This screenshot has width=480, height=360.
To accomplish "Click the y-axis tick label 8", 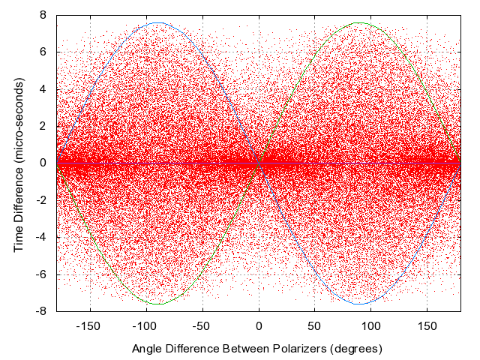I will pyautogui.click(x=44, y=15).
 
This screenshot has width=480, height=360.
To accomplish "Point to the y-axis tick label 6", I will pyautogui.click(x=44, y=52).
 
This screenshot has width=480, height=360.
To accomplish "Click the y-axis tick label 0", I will pyautogui.click(x=44, y=163).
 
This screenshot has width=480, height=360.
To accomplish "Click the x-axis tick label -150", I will pyautogui.click(x=90, y=326).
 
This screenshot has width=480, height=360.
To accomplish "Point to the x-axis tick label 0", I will pyautogui.click(x=259, y=326).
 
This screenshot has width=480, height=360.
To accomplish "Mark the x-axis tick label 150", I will pyautogui.click(x=427, y=326).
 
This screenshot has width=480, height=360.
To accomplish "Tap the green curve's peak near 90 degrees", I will pyautogui.click(x=359, y=22).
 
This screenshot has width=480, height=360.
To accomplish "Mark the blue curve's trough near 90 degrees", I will pyautogui.click(x=359, y=304).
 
